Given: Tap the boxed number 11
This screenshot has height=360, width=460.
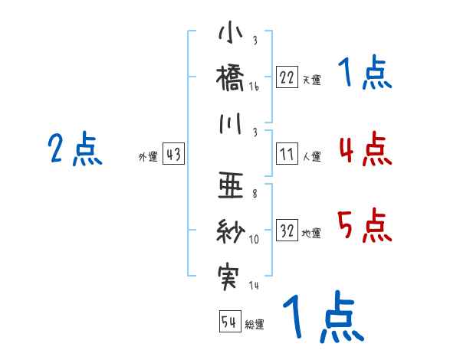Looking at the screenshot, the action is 287,154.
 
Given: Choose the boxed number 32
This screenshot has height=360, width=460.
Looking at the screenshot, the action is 287,231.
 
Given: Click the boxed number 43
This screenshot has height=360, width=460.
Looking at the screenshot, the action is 173,154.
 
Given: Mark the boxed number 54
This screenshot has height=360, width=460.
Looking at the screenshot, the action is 229,322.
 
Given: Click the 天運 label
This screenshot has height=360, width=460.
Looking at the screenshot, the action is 311,80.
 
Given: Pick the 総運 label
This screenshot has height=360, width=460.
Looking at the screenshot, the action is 255,325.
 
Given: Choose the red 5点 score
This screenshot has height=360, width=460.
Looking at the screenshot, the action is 364,225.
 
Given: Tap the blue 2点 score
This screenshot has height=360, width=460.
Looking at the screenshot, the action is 74,149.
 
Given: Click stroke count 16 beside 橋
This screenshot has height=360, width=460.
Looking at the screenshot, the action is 254,88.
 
